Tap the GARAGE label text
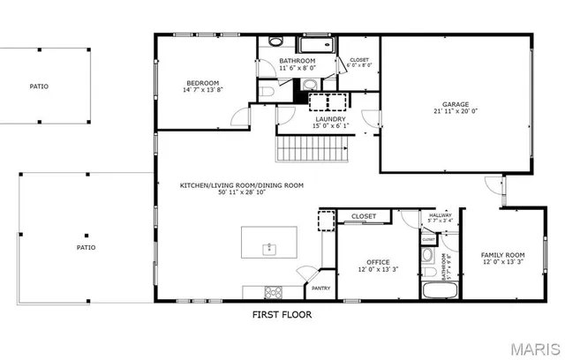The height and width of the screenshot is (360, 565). pyautogui.click(x=456, y=103)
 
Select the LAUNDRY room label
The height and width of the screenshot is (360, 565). pyautogui.click(x=330, y=117)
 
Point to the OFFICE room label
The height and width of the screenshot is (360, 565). pyautogui.click(x=379, y=262)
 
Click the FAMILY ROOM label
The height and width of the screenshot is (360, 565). pyautogui.click(x=502, y=254)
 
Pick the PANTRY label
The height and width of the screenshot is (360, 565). pyautogui.click(x=321, y=288)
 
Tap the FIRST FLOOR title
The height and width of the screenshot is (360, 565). pyautogui.click(x=282, y=313)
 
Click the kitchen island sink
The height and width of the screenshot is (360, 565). pyautogui.click(x=271, y=249)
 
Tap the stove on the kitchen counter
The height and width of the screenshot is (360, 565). pyautogui.click(x=272, y=291)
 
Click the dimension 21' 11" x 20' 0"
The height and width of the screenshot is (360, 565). pyautogui.click(x=456, y=111)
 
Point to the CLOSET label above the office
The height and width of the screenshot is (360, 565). pyautogui.click(x=364, y=216)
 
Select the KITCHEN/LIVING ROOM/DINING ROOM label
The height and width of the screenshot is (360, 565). pyautogui.click(x=242, y=185)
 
